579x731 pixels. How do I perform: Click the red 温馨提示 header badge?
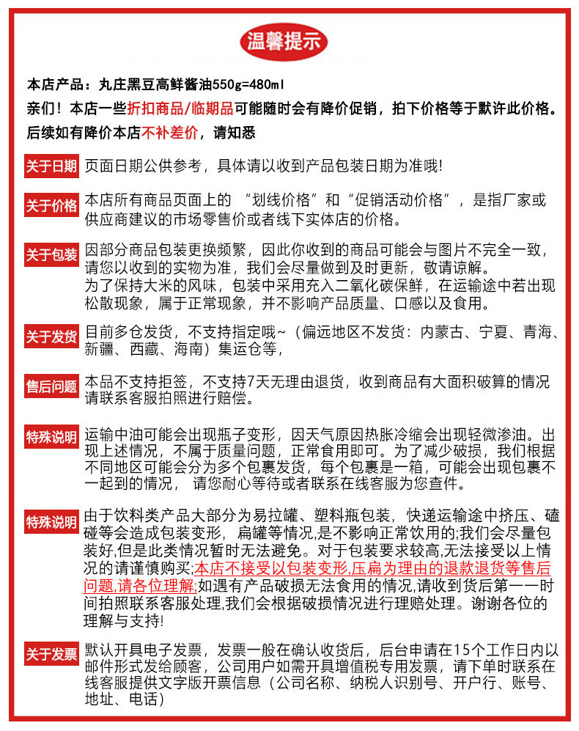[285, 40]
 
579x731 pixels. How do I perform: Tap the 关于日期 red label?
[51, 166]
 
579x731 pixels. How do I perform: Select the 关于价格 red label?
[51, 206]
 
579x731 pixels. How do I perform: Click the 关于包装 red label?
[51, 255]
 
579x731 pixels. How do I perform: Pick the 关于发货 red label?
[51, 337]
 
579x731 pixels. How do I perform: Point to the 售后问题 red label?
[51, 386]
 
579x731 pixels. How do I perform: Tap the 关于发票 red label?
[51, 654]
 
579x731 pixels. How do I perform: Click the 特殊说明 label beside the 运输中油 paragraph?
[51, 438]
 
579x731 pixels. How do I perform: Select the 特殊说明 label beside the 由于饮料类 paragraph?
[51, 522]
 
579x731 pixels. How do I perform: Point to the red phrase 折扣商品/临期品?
[180, 109]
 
